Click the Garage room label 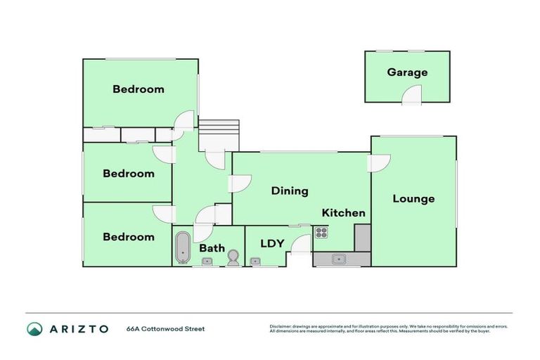pos(406,72)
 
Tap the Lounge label pos(413,199)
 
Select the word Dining pos(290,191)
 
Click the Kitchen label pos(343,213)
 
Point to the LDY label pos(272,244)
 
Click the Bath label pos(212,248)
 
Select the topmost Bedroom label pos(139,89)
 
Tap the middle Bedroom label pos(129,174)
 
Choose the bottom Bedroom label pos(129,237)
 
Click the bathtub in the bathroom pos(183,247)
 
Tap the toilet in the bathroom pos(233,260)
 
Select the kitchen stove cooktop pos(321,232)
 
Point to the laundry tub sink pos(256,262)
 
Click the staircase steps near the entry pos(219,134)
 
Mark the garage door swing pos(412,96)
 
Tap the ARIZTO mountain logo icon pos(34,328)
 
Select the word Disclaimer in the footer pos(281,326)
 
